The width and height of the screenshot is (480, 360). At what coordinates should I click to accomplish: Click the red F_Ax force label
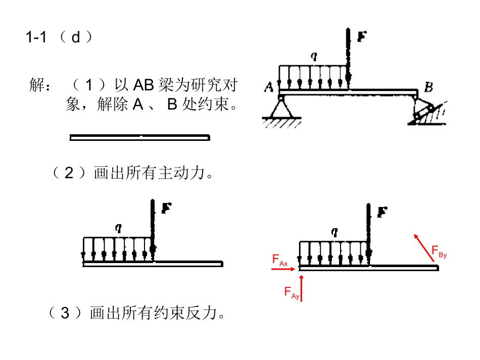click(x=280, y=261)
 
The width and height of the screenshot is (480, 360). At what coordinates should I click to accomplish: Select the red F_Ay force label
click(x=292, y=293)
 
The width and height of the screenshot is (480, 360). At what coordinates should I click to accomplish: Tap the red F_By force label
click(x=439, y=252)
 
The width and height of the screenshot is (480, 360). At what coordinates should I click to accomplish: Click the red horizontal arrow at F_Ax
click(x=283, y=269)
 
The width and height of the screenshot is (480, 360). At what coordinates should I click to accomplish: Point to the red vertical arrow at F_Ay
click(x=302, y=288)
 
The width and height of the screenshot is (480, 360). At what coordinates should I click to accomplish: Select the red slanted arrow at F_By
click(x=424, y=248)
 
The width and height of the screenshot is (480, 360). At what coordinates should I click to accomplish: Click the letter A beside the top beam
click(x=268, y=87)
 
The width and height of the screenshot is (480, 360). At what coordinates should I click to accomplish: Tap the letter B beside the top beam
click(x=428, y=87)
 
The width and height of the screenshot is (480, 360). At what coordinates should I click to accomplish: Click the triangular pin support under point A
click(x=281, y=112)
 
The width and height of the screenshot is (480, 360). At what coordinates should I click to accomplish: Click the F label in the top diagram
click(x=362, y=37)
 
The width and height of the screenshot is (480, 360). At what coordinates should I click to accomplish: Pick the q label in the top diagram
click(x=314, y=57)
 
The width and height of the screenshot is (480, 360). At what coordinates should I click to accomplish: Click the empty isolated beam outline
click(x=140, y=138)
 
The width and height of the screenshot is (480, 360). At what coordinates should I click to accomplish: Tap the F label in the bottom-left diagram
click(x=166, y=208)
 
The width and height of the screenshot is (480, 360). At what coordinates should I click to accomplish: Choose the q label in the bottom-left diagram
click(x=118, y=228)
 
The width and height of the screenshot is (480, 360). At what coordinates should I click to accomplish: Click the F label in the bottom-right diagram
click(x=382, y=212)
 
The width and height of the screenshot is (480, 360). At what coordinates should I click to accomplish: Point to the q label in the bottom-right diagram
click(x=334, y=232)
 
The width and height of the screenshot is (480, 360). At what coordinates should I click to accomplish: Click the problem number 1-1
click(x=36, y=37)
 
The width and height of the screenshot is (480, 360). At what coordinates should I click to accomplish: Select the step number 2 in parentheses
click(x=69, y=173)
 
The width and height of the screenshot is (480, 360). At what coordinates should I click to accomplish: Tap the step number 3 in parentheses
click(x=65, y=313)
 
